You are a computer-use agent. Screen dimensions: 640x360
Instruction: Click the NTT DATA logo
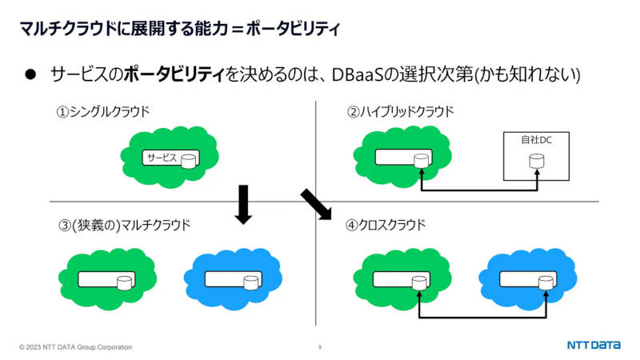coord(594,346)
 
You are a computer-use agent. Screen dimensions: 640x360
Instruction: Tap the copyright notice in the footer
coord(75,347)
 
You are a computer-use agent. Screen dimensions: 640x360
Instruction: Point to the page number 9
coord(320,347)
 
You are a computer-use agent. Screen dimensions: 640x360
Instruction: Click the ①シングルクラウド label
coord(103,111)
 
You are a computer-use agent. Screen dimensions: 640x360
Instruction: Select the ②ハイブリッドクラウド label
coord(401,111)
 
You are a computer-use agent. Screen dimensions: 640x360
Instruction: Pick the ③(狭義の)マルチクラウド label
coord(125,225)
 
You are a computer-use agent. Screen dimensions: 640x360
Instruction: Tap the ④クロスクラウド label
coord(386,225)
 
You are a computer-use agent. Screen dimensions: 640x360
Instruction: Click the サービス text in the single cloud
coord(162,158)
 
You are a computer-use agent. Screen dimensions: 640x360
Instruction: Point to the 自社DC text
coord(536,140)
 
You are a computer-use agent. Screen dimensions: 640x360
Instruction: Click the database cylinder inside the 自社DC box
coord(536,161)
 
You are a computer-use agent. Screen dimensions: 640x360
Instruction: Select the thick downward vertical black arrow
coord(243,205)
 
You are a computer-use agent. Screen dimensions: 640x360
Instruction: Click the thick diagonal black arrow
coord(316,205)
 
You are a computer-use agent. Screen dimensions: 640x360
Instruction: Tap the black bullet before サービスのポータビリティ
coord(30,74)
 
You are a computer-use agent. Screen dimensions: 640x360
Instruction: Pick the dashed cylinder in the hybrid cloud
coord(422,161)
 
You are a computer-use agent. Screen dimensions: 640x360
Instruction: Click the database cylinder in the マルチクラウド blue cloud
coord(251,282)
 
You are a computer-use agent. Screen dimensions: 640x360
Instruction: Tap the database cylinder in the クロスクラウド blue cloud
coord(546,282)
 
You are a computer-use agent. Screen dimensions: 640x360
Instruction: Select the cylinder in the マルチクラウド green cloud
coord(125,282)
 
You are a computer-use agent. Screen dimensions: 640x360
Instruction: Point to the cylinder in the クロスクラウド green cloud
coord(419,282)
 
